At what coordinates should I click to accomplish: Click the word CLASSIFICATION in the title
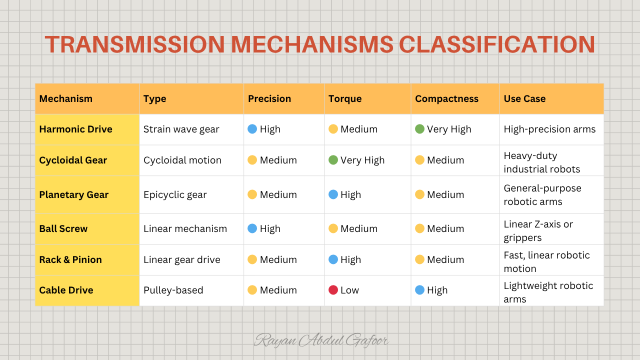(x=497, y=44)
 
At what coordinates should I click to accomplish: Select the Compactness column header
(x=446, y=98)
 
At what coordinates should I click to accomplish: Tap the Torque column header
(x=345, y=98)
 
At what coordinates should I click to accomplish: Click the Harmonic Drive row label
(x=75, y=129)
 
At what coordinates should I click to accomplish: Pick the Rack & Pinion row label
(x=70, y=259)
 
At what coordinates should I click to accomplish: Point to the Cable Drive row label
(x=66, y=290)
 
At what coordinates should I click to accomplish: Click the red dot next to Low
(x=333, y=290)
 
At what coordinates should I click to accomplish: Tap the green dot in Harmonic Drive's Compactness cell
(x=419, y=129)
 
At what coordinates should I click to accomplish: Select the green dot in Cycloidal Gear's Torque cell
(x=333, y=160)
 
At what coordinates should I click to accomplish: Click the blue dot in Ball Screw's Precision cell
(x=252, y=228)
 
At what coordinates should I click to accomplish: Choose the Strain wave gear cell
(x=181, y=129)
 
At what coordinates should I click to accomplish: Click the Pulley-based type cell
(x=173, y=290)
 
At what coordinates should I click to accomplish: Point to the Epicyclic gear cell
(x=175, y=195)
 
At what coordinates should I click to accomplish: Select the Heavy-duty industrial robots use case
(x=541, y=162)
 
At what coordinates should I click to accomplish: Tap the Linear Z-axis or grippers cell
(x=538, y=231)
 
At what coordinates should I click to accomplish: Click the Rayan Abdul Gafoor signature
(x=321, y=340)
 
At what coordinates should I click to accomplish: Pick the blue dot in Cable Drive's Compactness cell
(x=419, y=290)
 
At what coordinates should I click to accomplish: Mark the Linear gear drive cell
(x=181, y=259)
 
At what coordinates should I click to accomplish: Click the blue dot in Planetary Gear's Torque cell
(x=333, y=194)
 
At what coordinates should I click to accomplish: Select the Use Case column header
(x=524, y=98)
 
